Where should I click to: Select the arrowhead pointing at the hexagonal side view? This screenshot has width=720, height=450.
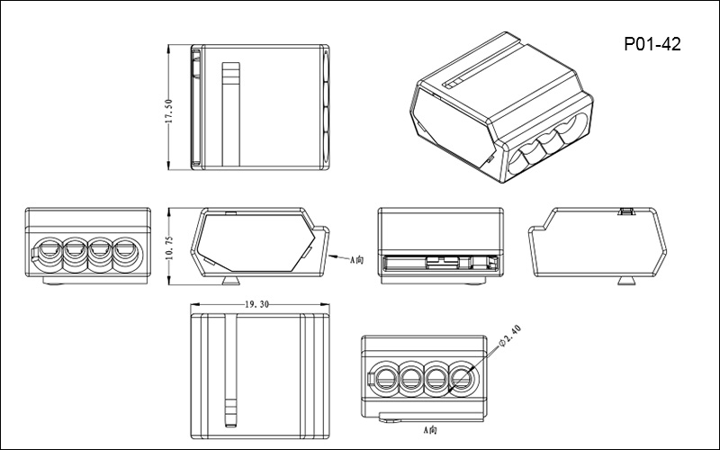click(x=329, y=256)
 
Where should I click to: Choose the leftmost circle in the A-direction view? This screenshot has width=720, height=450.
click(x=387, y=375)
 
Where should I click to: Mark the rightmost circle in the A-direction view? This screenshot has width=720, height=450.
click(x=463, y=375)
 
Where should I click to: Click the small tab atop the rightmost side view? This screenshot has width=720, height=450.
click(x=626, y=212)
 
